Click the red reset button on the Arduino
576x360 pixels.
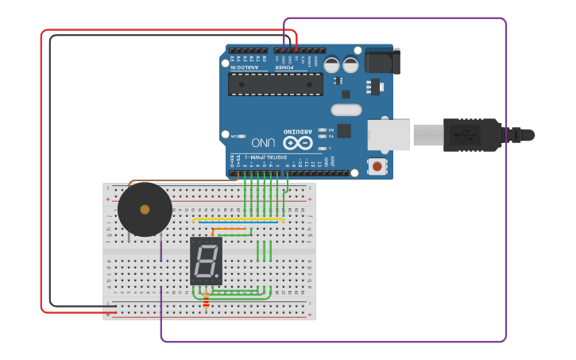click(x=377, y=166)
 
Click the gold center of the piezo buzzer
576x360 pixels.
click(x=145, y=210)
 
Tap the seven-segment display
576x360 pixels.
click(x=206, y=261)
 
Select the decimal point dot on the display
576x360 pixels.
click(x=218, y=277)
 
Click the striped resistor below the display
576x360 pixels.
click(x=206, y=300)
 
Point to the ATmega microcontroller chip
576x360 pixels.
click(x=275, y=84)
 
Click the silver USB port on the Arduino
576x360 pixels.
click(x=389, y=134)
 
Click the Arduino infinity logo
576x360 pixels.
click(x=298, y=143)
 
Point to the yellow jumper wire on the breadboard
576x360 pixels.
click(x=238, y=219)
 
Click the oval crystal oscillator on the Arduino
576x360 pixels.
click(x=346, y=110)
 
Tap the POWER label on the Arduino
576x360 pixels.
click(x=284, y=68)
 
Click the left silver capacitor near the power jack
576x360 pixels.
click(x=331, y=65)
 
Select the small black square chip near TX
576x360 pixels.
click(x=343, y=131)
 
